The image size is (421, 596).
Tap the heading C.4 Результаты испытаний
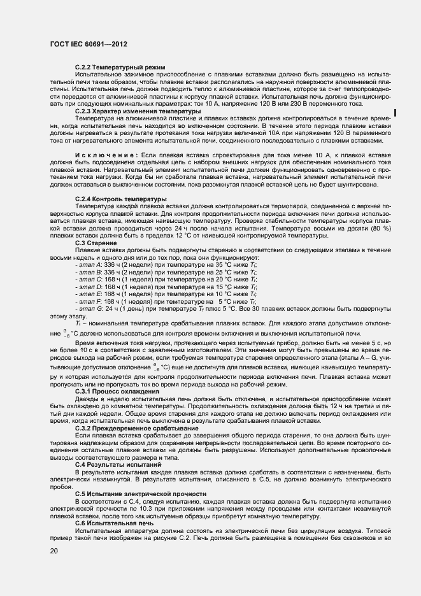pyautogui.click(x=116, y=483)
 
